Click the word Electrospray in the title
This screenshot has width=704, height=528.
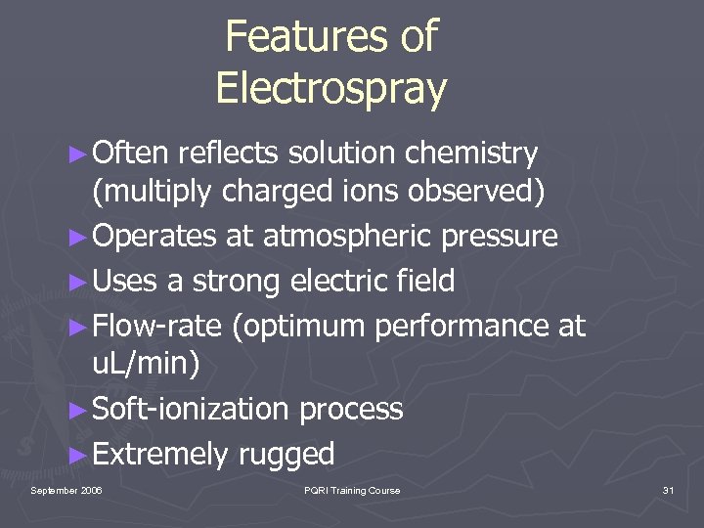(x=330, y=88)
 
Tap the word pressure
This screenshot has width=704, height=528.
(x=500, y=237)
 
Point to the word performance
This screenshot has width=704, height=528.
(x=460, y=327)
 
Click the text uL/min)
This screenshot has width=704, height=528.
(x=146, y=365)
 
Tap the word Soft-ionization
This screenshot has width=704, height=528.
(x=191, y=409)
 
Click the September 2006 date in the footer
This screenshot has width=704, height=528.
(x=66, y=490)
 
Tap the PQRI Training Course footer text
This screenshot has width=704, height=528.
(x=352, y=490)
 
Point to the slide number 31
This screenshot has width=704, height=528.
(x=668, y=490)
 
